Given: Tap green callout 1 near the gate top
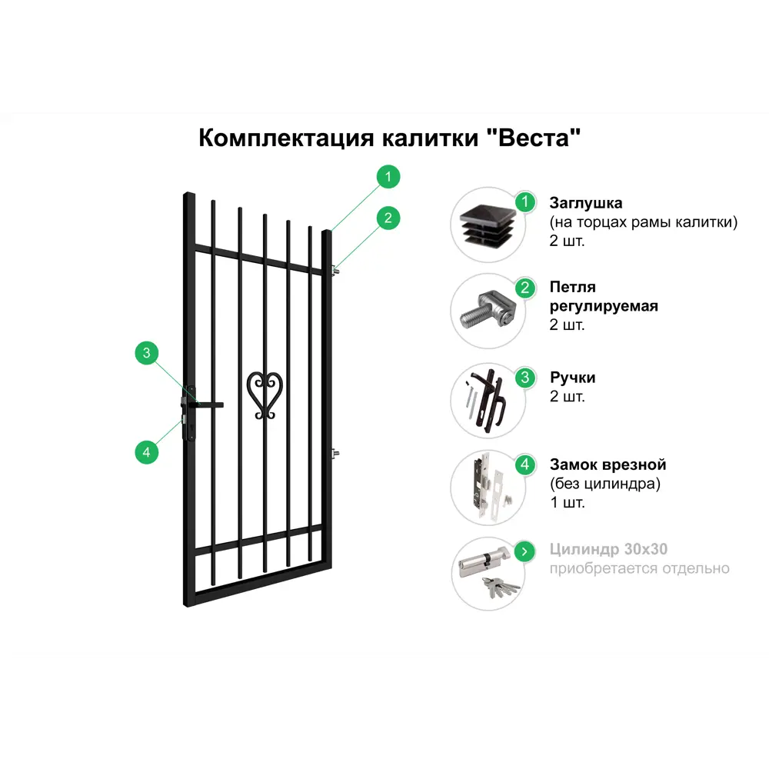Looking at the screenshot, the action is [388, 177].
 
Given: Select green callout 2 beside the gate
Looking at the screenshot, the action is [388, 218].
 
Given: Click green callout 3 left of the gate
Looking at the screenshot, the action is [147, 353].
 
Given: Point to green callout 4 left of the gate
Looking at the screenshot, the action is [147, 452].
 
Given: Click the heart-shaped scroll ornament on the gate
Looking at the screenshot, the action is [265, 395].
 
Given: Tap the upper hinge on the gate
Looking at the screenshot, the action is [335, 270].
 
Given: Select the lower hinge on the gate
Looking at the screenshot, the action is [335, 454].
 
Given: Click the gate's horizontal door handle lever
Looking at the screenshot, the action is [207, 404].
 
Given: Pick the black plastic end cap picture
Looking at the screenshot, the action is [488, 225].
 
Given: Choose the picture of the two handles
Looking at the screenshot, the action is [486, 401].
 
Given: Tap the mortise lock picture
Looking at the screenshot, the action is [488, 484].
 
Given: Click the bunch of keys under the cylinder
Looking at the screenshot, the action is [500, 588].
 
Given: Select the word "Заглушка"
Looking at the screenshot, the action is [585, 202].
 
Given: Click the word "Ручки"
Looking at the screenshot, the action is [572, 377].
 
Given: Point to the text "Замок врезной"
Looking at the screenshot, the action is [608, 464].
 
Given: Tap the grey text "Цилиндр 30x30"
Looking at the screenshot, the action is [608, 549].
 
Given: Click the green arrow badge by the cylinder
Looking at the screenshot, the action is [524, 551].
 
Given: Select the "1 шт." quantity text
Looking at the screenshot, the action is [567, 502].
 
